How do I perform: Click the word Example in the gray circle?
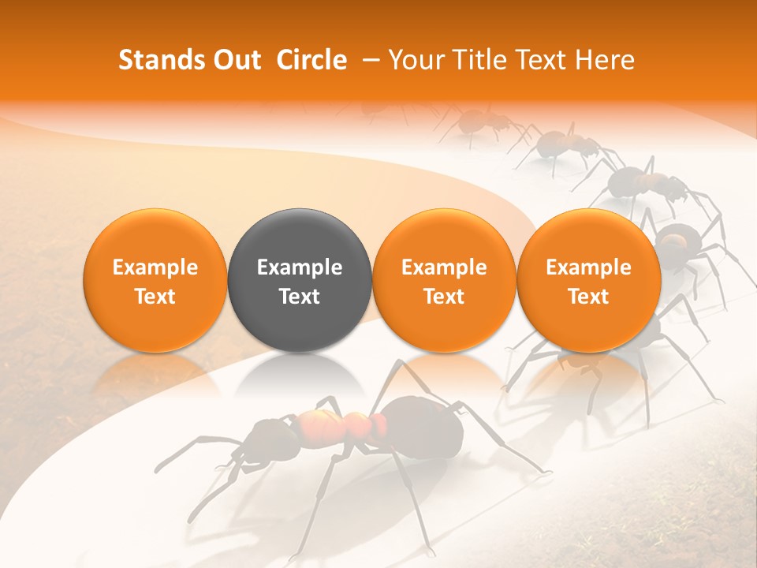[300, 267]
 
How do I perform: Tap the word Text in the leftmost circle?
[155, 297]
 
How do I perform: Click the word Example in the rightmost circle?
[588, 267]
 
